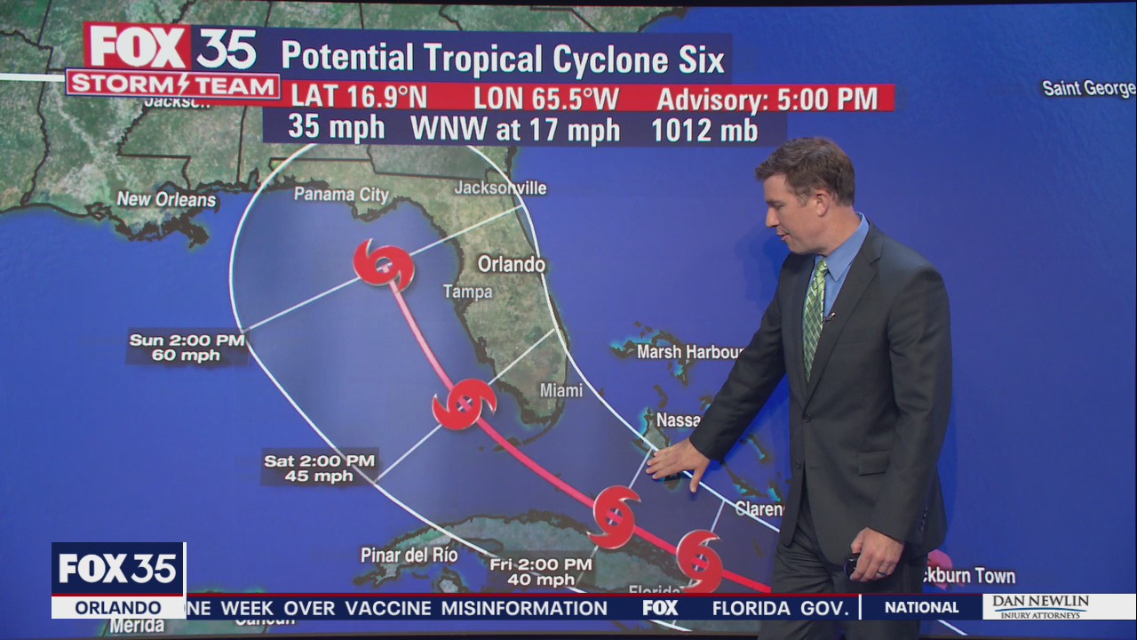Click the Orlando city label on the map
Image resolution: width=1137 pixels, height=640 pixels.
coord(512,264)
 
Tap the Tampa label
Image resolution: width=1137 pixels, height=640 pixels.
coord(467,292)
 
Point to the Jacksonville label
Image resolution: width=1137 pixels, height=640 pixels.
coord(500,188)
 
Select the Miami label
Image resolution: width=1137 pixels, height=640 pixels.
coord(561,390)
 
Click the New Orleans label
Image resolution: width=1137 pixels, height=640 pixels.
coord(166,199)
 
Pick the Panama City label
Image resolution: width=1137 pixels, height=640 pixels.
coord(341,194)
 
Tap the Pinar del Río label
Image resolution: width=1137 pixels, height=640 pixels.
coord(409,556)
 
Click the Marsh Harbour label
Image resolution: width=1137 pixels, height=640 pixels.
coord(689,352)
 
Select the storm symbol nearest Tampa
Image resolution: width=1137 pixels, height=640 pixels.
coord(384,264)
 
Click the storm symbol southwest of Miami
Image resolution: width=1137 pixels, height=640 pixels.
coord(464,404)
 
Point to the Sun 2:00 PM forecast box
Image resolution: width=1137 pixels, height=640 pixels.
coord(186,348)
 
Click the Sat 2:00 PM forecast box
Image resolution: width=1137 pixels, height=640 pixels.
coord(320,468)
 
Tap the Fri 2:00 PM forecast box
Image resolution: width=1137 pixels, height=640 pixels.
coord(540,572)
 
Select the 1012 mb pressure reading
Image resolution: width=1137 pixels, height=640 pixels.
coord(704,130)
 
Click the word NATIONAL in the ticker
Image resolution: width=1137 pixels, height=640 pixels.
coord(921,608)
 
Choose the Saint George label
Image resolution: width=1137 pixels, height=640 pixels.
coord(1087,88)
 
